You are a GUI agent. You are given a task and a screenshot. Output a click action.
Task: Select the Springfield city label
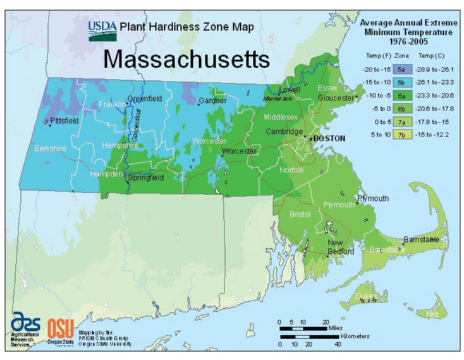(x=146, y=178)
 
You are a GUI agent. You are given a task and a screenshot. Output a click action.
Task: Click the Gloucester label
(x=336, y=99)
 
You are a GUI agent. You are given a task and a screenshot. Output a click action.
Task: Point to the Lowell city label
(x=290, y=90)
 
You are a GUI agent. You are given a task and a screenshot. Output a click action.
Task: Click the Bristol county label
(x=300, y=215)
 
